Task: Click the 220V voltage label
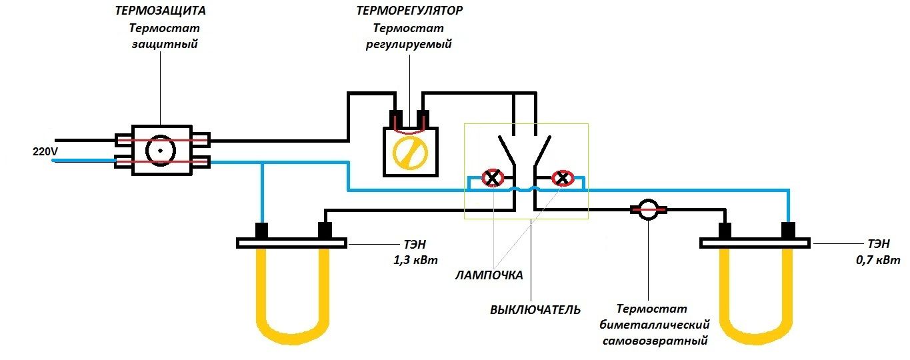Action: (x=45, y=151)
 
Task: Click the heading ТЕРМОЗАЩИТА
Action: (x=160, y=11)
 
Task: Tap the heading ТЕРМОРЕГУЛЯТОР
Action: (x=409, y=11)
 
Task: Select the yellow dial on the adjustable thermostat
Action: (x=410, y=153)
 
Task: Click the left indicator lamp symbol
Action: (x=493, y=177)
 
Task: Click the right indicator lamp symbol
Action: (x=563, y=177)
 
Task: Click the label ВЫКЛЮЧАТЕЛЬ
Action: (x=535, y=310)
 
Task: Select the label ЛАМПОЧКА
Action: (x=489, y=275)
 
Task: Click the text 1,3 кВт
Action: (x=415, y=260)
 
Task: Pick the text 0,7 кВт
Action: (x=878, y=259)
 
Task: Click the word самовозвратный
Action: (x=655, y=341)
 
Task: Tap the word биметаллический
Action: (x=655, y=325)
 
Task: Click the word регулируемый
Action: (x=409, y=44)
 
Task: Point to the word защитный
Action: (x=165, y=44)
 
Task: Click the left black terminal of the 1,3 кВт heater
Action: (x=261, y=231)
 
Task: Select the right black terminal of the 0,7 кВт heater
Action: (x=789, y=231)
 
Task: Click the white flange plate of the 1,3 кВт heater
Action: (x=292, y=243)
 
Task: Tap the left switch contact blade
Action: (x=507, y=151)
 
